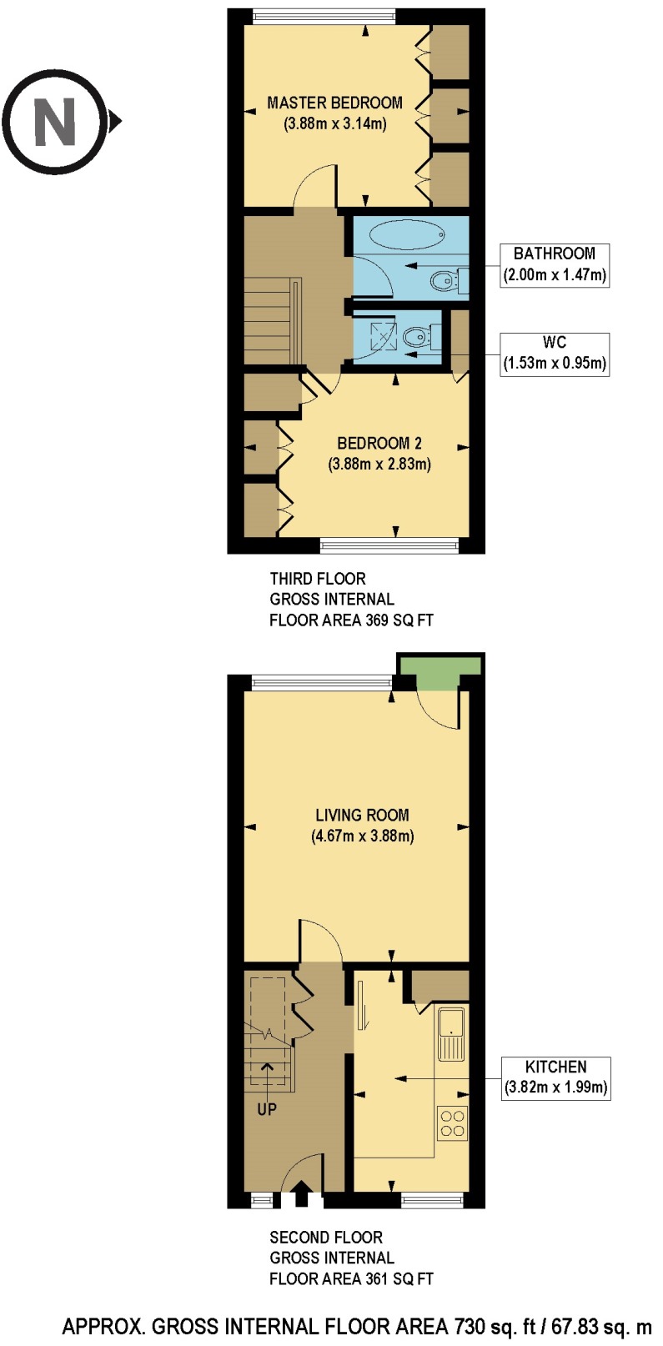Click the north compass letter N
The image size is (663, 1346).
55,122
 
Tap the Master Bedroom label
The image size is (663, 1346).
334,103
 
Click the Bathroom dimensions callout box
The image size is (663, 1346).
555,265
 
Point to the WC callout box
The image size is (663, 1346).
555,354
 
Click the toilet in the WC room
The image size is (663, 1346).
416,337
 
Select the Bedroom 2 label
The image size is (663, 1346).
379,444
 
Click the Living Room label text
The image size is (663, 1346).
362,816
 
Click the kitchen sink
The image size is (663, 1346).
451,1035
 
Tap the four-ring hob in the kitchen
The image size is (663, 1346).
452,1122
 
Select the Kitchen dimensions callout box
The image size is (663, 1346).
555,1077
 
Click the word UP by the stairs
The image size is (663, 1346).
267,1110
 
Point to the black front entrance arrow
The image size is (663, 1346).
301,1193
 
